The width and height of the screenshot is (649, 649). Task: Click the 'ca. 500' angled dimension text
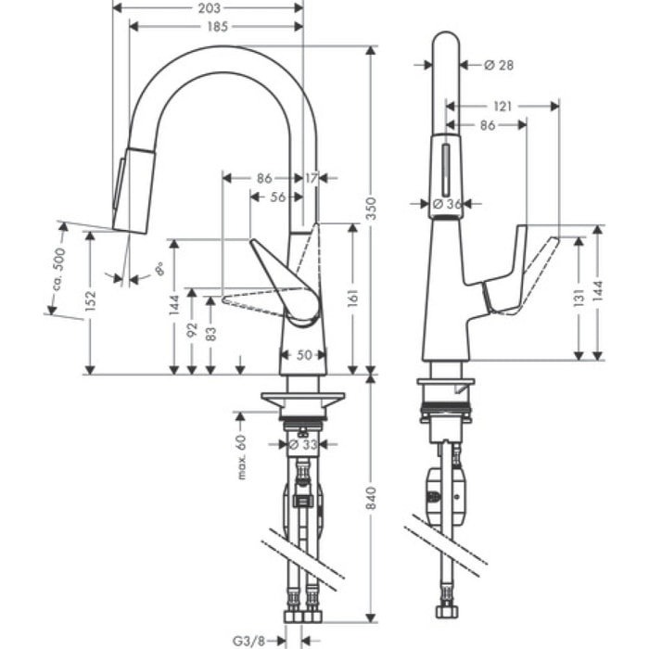click(x=57, y=270)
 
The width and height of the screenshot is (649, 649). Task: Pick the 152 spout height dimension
click(x=89, y=301)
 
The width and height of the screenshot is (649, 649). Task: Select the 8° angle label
click(x=159, y=270)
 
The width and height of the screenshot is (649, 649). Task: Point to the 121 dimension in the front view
click(x=502, y=107)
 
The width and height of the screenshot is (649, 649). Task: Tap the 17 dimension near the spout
click(x=310, y=177)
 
